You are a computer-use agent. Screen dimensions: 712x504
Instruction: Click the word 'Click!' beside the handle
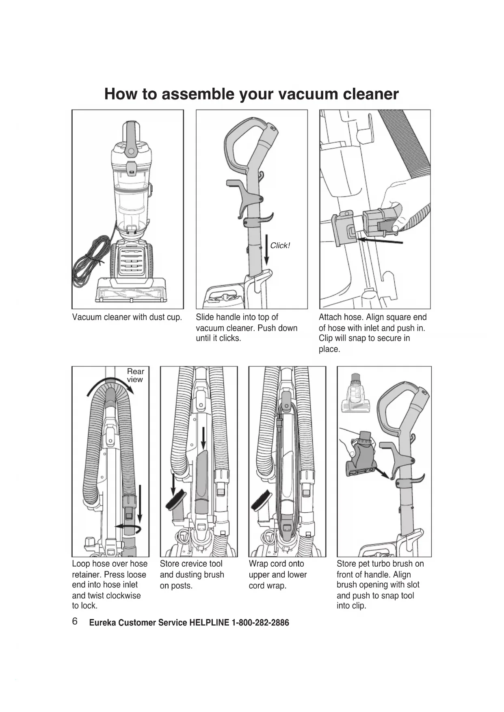click(280, 246)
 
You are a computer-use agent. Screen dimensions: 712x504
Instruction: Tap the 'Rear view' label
click(135, 375)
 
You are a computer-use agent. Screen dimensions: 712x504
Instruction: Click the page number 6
click(75, 621)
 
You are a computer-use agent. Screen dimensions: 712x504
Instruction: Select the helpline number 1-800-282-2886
click(260, 623)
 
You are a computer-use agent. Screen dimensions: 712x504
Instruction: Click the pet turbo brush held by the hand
click(361, 457)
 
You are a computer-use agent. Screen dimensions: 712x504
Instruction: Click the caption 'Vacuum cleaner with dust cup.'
click(127, 317)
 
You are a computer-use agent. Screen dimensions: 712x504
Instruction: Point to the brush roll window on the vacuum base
click(130, 293)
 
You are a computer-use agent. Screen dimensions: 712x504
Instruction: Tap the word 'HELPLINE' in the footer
click(209, 623)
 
